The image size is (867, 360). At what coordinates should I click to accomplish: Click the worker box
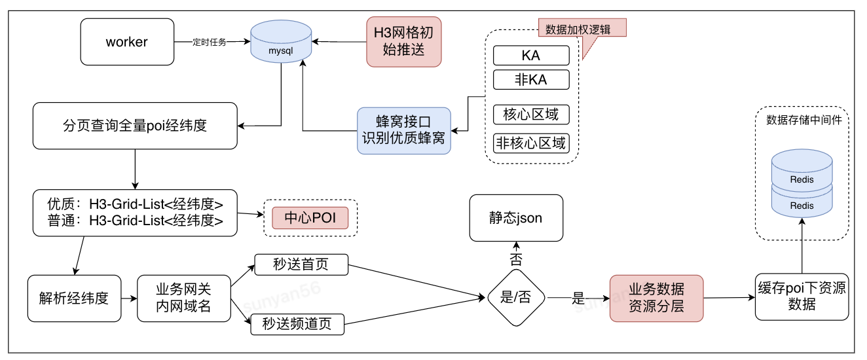(127, 42)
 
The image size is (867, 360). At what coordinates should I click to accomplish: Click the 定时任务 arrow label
(209, 43)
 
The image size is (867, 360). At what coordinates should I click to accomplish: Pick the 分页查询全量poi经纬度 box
(135, 125)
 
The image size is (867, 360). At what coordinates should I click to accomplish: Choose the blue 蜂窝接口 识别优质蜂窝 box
(404, 130)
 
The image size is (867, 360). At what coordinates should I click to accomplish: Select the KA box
(531, 56)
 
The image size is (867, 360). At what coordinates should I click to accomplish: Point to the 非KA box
(531, 80)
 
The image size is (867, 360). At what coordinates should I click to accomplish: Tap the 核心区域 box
(531, 115)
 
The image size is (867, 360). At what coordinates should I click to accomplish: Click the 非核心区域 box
(531, 143)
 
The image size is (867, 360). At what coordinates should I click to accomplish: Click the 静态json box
(516, 218)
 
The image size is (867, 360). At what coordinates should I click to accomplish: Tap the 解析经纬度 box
(74, 298)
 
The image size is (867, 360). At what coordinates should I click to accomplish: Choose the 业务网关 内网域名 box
(183, 298)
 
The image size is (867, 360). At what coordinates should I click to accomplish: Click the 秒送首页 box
(301, 265)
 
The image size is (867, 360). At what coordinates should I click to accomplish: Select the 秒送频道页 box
(297, 324)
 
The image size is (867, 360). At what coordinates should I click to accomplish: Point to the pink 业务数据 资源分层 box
(656, 298)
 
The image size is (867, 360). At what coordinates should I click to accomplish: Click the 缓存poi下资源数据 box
(802, 297)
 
